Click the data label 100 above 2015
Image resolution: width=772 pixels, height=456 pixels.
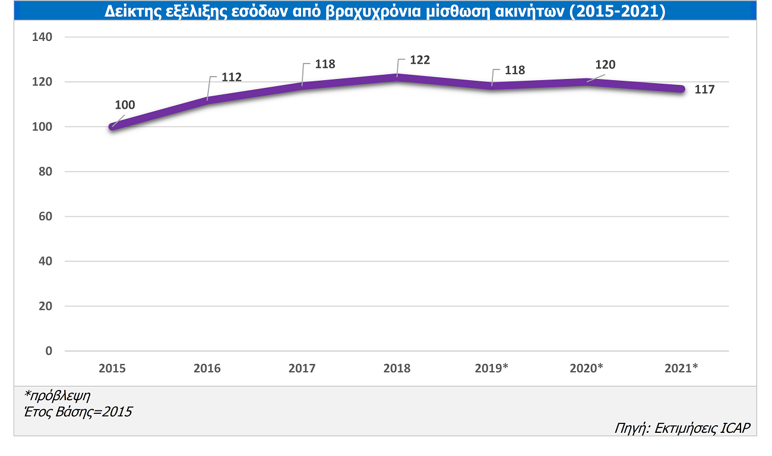[125, 105]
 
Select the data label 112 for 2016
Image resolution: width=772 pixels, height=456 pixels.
[231, 77]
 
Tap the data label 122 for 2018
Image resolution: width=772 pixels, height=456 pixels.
[419, 60]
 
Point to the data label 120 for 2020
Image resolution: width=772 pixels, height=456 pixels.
[605, 65]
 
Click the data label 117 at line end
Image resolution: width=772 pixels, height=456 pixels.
[704, 90]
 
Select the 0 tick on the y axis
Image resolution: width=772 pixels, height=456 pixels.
[49, 351]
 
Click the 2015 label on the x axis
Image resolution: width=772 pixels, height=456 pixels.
[112, 369]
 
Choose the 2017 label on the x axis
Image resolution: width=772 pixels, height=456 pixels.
[302, 369]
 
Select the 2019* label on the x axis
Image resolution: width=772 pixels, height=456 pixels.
[492, 369]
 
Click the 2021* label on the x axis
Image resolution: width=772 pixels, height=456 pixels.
[681, 369]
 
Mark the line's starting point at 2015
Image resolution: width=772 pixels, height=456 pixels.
[112, 126]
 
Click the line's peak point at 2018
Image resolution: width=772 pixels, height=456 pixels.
[397, 77]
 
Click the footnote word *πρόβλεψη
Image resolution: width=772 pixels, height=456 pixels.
[57, 395]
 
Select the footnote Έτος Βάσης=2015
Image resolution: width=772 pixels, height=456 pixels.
[78, 411]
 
